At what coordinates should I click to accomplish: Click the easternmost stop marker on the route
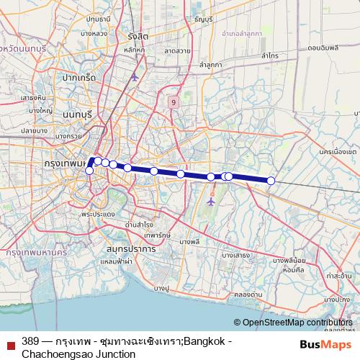tap(271, 181)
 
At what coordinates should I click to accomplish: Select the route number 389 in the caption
tap(30, 341)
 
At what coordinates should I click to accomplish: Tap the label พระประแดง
tap(99, 214)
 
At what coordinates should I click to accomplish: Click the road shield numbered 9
tap(174, 103)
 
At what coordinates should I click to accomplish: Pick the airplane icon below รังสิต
tap(134, 76)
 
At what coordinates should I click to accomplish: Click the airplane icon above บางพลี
tap(210, 202)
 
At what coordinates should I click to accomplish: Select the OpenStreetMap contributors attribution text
tap(296, 323)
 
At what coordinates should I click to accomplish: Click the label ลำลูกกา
tap(211, 65)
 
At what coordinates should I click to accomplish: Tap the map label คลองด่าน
tap(247, 294)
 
